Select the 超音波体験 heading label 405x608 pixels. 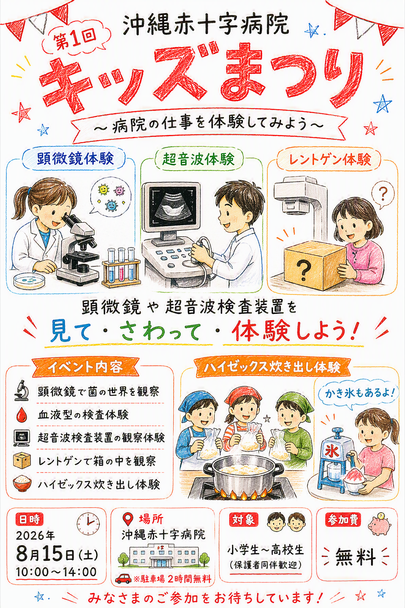click(x=198, y=158)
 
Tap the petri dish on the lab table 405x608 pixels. click(x=28, y=280)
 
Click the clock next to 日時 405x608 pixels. click(x=88, y=522)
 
